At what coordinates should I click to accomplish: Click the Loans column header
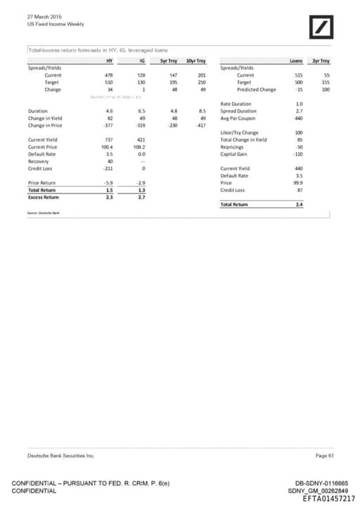tap(295, 61)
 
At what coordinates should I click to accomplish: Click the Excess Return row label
tap(44, 197)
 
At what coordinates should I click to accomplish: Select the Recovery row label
tap(39, 161)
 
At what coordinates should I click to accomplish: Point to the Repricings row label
tap(234, 147)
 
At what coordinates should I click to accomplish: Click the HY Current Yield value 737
tap(108, 140)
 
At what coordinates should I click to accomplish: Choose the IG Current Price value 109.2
tap(138, 147)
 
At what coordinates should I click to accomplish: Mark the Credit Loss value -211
tap(108, 169)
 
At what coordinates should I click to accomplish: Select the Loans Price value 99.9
tap(297, 183)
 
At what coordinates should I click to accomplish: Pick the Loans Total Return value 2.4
tap(299, 204)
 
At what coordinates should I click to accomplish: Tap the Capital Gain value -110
tap(297, 154)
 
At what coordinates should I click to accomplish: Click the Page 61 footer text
tap(325, 457)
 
